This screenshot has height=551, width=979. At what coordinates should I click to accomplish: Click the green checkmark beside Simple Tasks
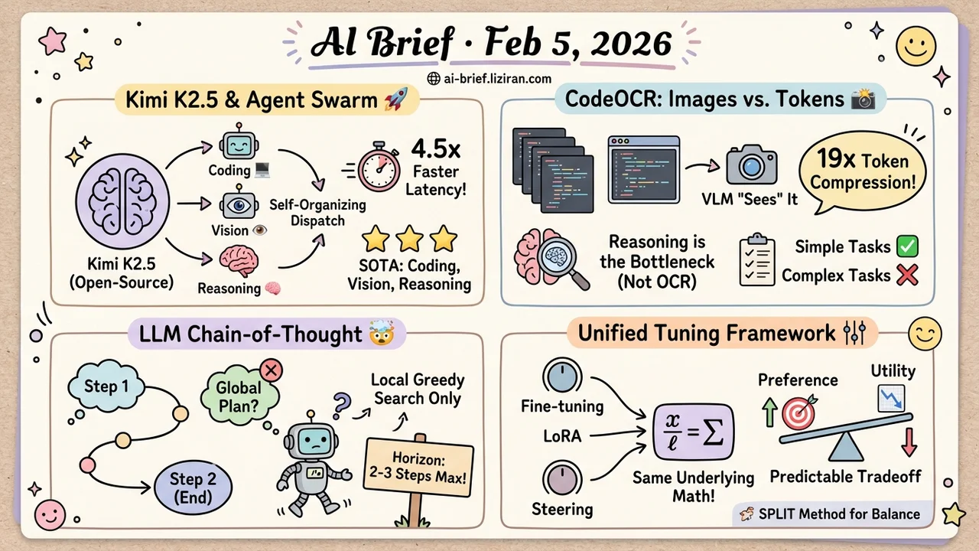click(906, 246)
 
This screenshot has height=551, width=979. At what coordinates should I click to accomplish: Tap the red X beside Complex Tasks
click(906, 275)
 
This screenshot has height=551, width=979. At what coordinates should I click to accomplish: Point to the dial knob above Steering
click(561, 479)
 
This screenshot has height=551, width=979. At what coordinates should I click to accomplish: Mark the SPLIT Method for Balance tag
click(834, 514)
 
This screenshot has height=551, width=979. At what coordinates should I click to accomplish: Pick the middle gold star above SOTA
click(409, 240)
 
